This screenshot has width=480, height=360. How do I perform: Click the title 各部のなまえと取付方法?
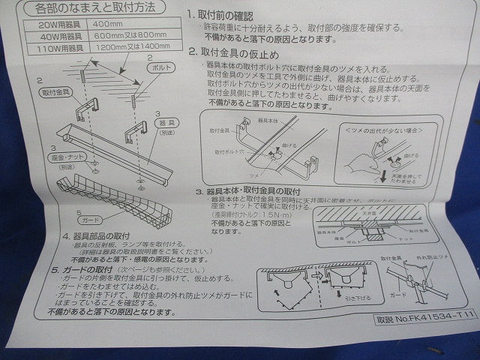101,9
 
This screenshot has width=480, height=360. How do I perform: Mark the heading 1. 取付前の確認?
225,14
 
